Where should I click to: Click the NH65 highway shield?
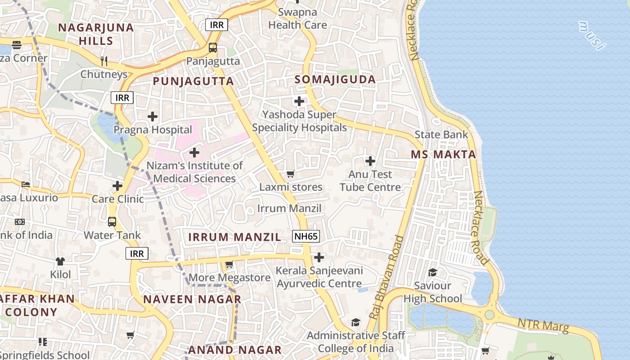tap(306, 236)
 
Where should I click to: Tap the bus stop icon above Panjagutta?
tap(213, 48)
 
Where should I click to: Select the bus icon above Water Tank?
tap(112, 222)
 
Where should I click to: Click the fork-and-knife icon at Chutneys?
tap(104, 61)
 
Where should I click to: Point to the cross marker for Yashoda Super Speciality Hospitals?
tap(299, 101)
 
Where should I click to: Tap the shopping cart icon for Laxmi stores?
tap(291, 174)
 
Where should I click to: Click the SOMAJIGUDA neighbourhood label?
tap(335, 80)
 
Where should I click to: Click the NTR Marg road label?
tap(543, 325)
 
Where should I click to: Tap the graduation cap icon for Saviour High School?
tap(432, 272)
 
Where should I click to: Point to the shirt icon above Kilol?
tap(60, 261)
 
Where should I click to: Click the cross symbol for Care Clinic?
tap(117, 185)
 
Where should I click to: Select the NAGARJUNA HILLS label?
tap(96, 34)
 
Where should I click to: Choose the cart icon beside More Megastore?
tap(229, 265)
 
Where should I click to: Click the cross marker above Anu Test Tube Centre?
tap(370, 161)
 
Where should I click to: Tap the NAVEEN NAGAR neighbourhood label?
tap(192, 299)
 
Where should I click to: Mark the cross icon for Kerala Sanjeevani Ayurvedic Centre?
tap(319, 257)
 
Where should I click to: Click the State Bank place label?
tap(441, 135)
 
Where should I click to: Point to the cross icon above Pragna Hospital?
tap(153, 117)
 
